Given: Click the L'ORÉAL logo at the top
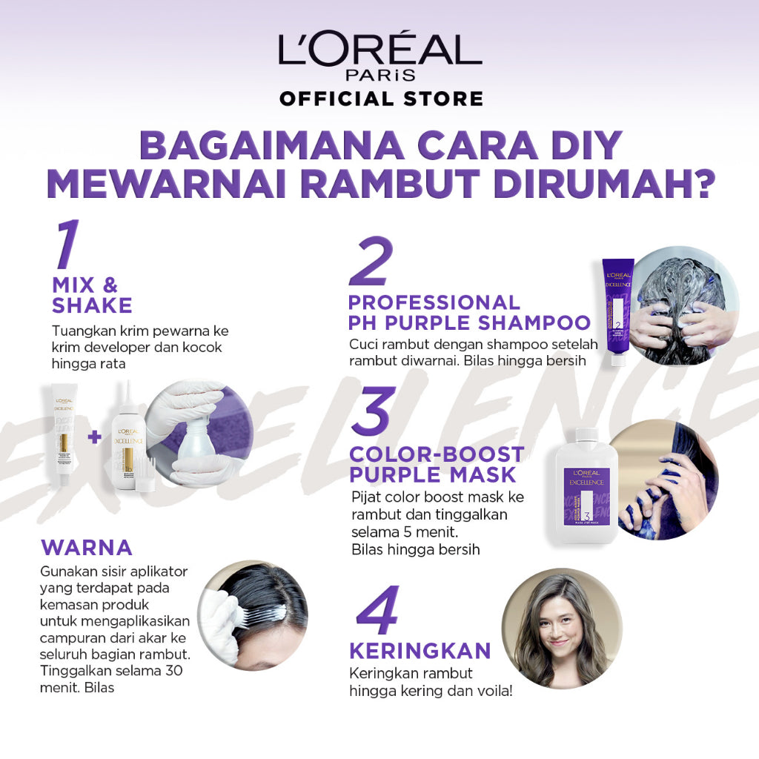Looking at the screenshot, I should (379, 50).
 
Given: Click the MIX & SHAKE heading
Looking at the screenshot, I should (92, 295).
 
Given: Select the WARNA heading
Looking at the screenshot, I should (87, 548).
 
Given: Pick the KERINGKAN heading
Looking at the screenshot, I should (420, 651).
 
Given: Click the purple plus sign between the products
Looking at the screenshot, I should (93, 437).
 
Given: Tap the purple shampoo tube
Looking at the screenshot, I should (617, 311).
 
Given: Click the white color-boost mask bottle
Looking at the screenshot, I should (586, 485).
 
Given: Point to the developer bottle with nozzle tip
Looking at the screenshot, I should (132, 437).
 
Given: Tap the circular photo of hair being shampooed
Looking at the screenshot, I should (686, 305).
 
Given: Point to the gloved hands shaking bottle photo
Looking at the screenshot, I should (199, 434).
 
